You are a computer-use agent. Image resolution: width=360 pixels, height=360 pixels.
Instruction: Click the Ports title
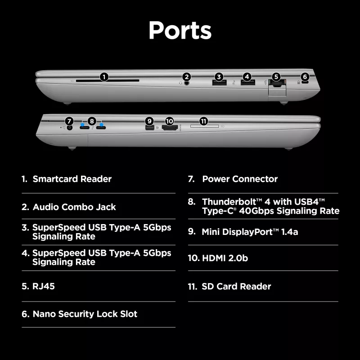180,30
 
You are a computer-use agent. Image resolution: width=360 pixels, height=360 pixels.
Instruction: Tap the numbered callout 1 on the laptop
104,77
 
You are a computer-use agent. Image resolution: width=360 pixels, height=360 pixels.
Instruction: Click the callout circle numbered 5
276,76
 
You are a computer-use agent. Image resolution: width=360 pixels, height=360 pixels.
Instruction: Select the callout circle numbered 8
92,121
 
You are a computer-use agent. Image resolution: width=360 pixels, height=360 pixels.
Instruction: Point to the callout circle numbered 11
203,121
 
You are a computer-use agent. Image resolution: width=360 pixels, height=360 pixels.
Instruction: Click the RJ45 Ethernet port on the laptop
277,84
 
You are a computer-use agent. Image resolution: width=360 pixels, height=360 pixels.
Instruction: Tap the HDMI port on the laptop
170,128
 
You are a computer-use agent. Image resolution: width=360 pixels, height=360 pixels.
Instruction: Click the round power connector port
69,127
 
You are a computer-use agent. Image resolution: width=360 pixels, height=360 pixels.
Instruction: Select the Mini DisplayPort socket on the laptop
149,127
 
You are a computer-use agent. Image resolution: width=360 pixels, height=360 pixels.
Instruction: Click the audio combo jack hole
187,83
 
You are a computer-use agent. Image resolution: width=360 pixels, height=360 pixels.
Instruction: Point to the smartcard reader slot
108,81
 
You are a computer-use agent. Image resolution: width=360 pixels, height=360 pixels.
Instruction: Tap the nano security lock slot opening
306,82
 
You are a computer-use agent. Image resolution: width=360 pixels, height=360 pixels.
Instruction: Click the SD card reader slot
204,126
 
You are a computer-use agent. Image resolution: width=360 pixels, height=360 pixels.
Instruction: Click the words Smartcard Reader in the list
72,179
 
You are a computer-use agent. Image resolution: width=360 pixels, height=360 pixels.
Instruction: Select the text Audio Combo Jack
74,207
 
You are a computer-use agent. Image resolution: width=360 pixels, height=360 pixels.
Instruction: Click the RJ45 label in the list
44,286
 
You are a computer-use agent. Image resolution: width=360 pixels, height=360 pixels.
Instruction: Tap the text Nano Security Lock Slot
85,314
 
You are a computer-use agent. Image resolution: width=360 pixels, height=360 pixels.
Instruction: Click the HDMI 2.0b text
225,258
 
